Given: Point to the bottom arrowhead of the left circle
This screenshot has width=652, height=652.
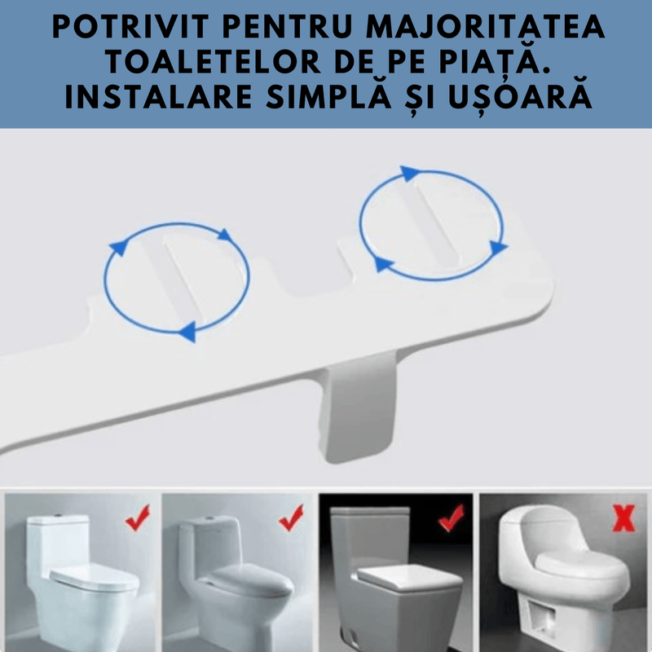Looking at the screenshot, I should [x=187, y=330].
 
